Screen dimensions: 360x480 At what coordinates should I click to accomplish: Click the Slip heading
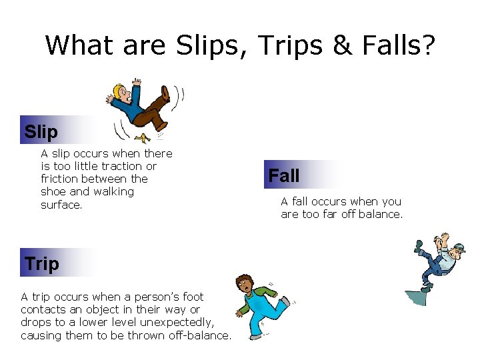tap(41, 131)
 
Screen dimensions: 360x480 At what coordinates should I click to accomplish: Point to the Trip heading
tap(42, 263)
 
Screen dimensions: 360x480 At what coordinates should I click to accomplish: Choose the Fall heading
tap(284, 176)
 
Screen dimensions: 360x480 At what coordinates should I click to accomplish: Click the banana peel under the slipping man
tap(141, 137)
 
